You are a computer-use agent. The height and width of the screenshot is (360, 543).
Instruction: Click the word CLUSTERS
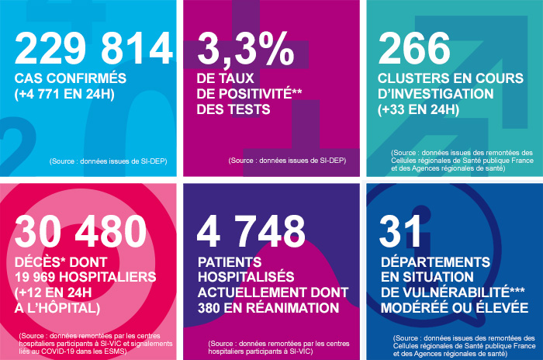(416, 78)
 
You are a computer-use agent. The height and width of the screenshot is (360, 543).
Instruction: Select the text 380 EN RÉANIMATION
(271, 308)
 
